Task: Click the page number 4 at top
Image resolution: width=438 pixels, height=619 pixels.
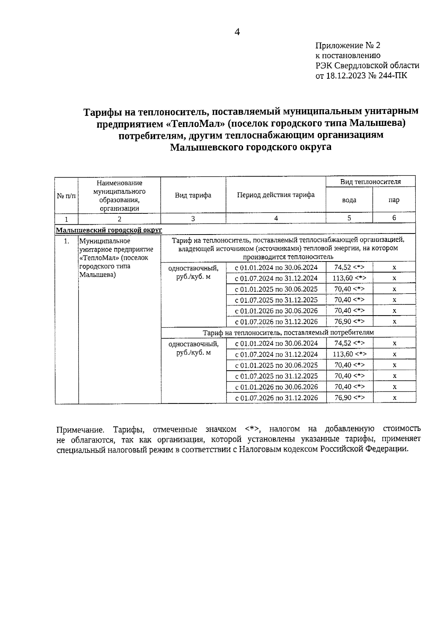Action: click(x=237, y=32)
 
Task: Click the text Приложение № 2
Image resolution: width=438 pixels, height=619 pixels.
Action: click(x=347, y=46)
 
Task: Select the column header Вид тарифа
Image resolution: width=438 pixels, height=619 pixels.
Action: click(x=193, y=195)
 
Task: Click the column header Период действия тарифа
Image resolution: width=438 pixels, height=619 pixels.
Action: click(x=276, y=195)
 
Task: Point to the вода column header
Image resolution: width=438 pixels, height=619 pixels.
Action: click(x=349, y=200)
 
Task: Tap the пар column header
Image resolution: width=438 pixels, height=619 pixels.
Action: click(x=394, y=200)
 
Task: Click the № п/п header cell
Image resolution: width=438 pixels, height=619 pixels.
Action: click(x=66, y=196)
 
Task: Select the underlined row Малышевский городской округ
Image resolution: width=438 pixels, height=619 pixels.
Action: click(x=109, y=230)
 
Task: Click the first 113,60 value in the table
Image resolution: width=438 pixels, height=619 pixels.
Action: click(x=349, y=278)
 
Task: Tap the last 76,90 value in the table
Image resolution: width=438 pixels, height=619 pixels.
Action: click(x=349, y=398)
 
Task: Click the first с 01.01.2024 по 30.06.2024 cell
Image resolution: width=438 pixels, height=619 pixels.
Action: click(x=276, y=267)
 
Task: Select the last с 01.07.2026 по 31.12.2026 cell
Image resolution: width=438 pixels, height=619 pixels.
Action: click(x=276, y=398)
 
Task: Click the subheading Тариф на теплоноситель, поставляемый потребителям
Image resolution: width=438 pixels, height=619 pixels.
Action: click(x=288, y=332)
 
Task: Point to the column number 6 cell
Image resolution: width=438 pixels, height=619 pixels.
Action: click(x=394, y=218)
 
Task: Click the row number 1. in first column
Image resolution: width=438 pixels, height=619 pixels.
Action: click(x=66, y=241)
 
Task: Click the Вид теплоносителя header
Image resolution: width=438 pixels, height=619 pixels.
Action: click(x=370, y=182)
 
